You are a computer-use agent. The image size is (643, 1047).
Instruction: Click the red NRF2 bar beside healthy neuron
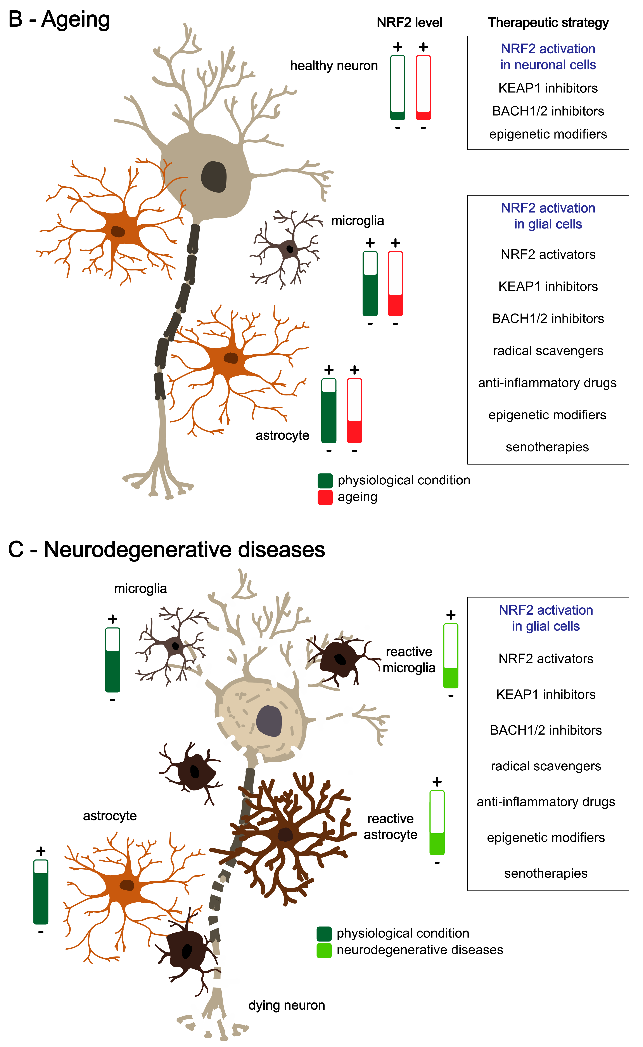coord(423,88)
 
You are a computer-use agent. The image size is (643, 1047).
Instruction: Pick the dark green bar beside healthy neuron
coord(398,88)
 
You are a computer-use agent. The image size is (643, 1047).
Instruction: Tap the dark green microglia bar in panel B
coord(370,284)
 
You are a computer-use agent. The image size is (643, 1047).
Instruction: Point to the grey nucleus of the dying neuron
coord(269,721)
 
